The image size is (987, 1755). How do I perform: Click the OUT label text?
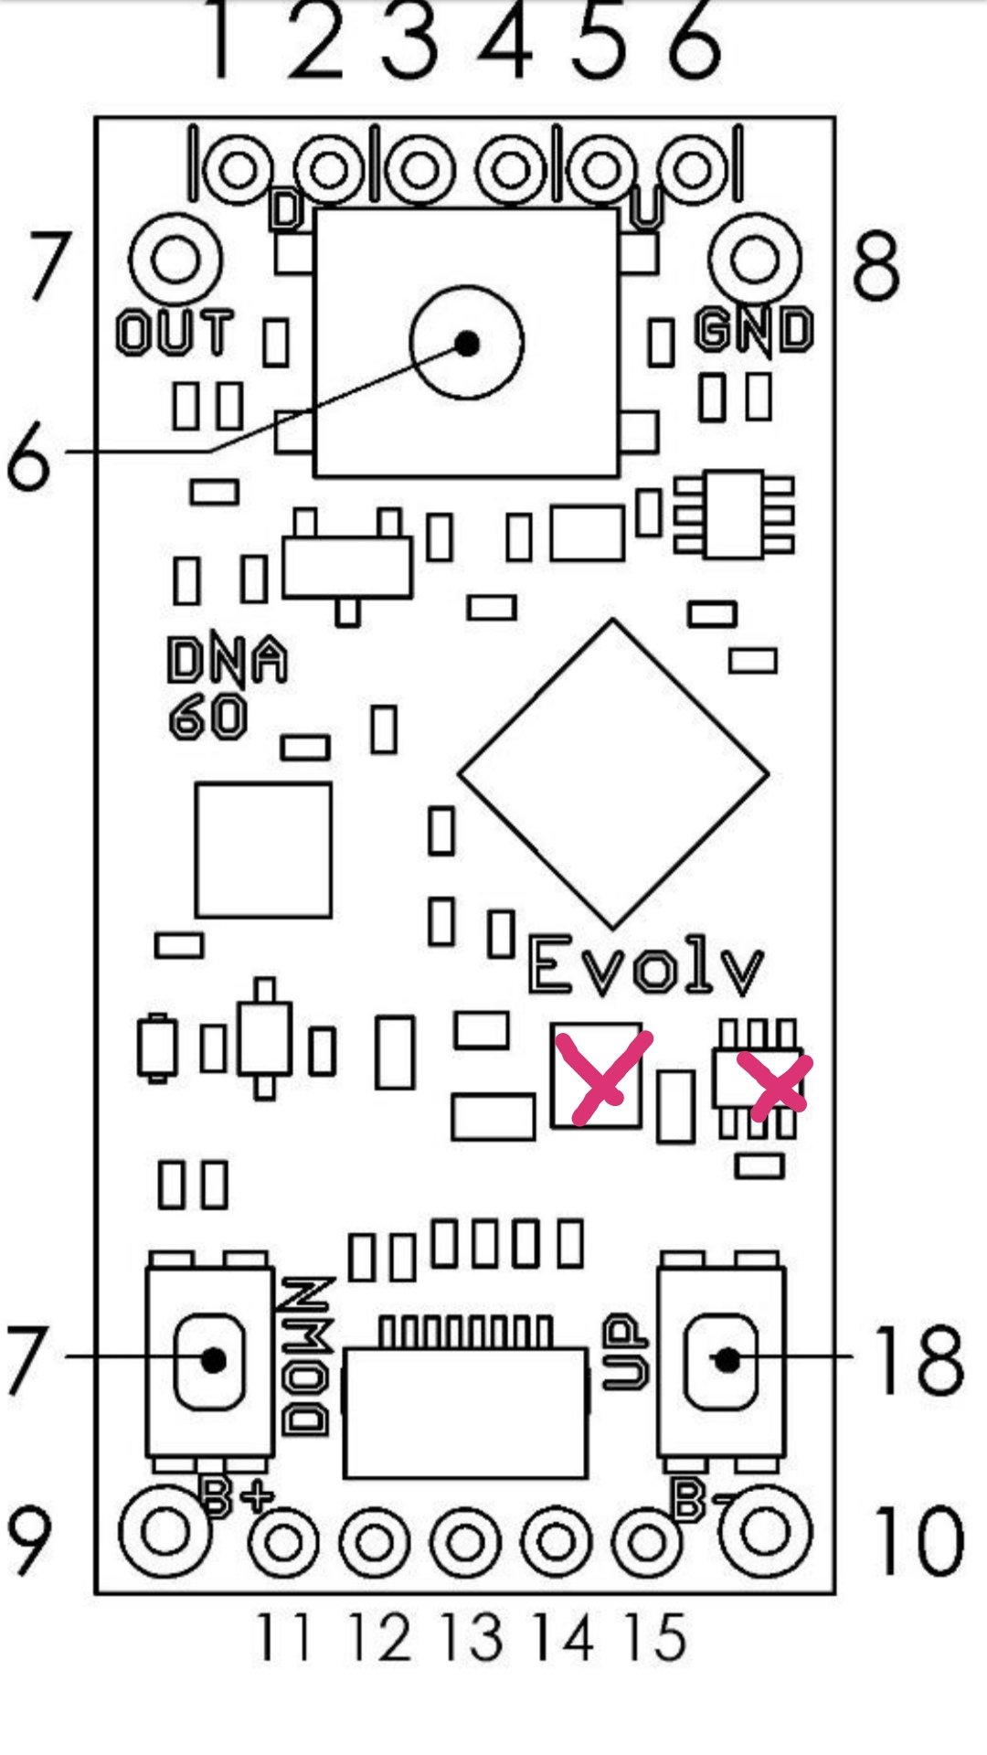(x=175, y=332)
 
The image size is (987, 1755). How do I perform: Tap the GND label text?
(x=754, y=330)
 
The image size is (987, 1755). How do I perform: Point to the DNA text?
(x=227, y=659)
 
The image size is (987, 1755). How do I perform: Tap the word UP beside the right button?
(x=626, y=1352)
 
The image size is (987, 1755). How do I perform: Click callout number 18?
(x=918, y=1361)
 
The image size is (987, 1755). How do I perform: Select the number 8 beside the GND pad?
(x=876, y=266)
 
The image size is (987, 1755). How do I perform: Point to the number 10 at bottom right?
(x=918, y=1541)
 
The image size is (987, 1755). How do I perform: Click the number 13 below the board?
(x=472, y=1637)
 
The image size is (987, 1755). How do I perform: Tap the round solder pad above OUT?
(x=175, y=260)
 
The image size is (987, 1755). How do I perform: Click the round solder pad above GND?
(x=755, y=260)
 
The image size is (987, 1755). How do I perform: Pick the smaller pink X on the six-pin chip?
(x=774, y=1085)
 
